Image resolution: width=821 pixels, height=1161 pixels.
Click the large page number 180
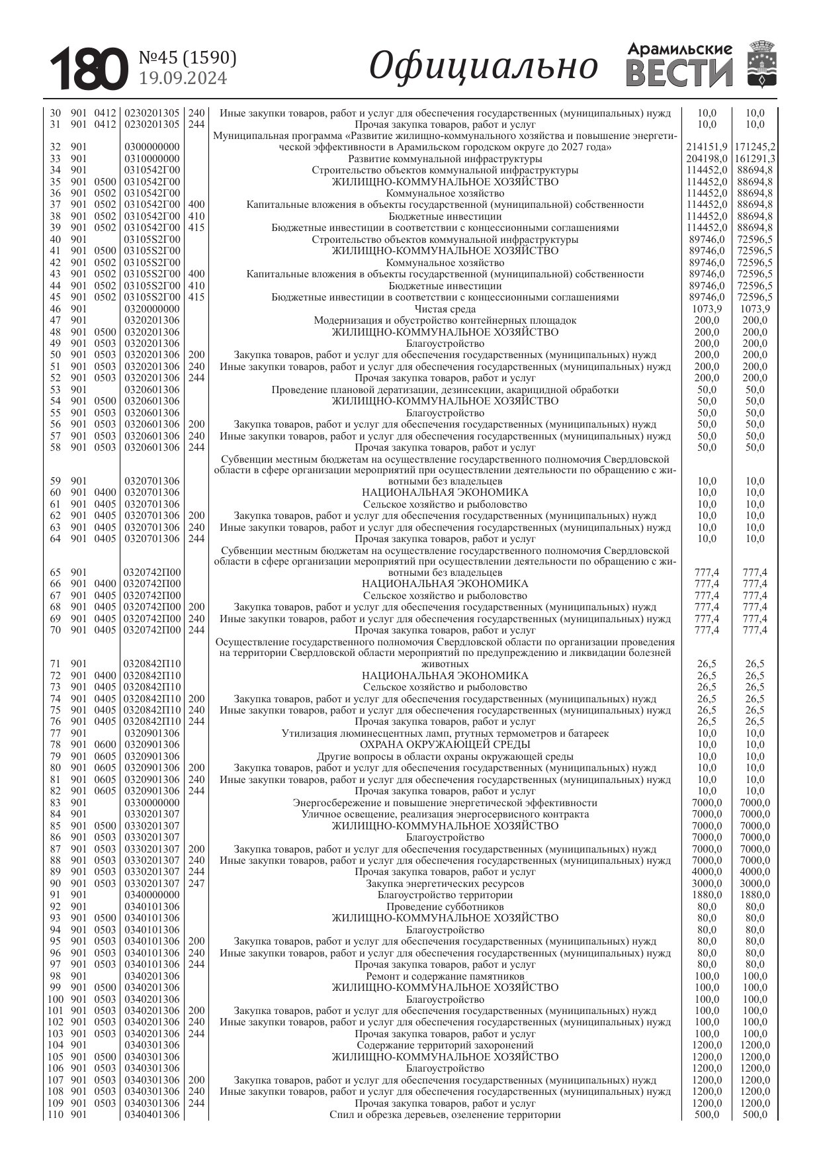click(89, 69)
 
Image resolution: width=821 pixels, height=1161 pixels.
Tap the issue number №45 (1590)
click(187, 58)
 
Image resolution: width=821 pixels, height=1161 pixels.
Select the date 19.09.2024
click(183, 79)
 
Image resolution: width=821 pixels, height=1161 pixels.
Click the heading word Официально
click(483, 67)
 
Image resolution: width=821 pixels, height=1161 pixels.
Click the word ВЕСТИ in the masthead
click(679, 73)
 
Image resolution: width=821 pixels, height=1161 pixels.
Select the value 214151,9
click(707, 147)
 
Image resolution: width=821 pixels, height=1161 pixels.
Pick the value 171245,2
click(755, 147)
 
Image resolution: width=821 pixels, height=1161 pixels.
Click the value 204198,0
click(707, 159)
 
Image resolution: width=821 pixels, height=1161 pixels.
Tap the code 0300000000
click(152, 147)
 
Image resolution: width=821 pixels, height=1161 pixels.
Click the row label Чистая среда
click(445, 309)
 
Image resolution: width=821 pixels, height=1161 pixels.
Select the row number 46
click(56, 309)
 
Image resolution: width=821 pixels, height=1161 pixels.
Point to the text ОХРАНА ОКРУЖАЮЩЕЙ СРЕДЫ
click(445, 745)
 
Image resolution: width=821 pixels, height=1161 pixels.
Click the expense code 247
click(196, 884)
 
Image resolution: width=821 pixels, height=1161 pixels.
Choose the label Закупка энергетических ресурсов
click(445, 884)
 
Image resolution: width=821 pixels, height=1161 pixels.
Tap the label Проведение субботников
click(445, 907)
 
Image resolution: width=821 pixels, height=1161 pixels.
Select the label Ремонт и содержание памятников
click(445, 976)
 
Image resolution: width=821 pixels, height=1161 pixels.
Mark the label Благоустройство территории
click(445, 895)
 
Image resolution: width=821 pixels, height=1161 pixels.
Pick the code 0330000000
click(152, 803)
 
